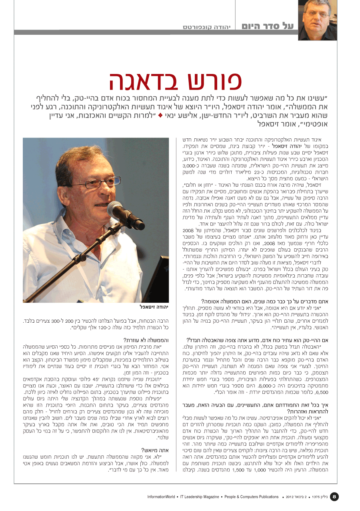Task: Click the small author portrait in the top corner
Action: tap(314, 20)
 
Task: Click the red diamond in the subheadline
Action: tap(160, 116)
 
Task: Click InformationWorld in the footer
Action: tap(161, 497)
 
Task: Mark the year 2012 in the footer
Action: tap(290, 497)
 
